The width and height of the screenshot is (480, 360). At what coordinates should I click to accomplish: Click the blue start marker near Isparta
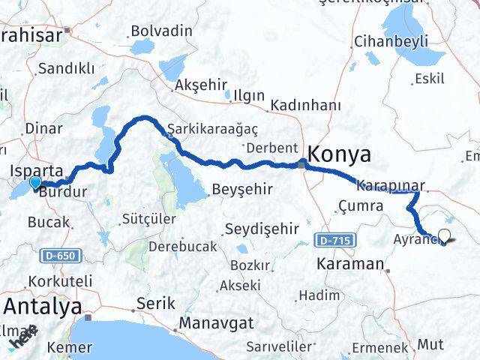pos(35,183)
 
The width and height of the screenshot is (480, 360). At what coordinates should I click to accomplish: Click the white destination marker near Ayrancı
pos(444,236)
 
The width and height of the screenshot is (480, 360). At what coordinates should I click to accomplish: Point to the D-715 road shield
pos(333,241)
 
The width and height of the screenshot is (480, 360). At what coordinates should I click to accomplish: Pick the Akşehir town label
pos(199,86)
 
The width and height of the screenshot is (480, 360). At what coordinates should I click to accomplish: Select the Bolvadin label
pos(161,31)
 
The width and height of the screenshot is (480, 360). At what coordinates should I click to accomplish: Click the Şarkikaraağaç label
pos(208,127)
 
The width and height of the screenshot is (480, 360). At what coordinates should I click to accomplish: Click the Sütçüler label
pos(148,219)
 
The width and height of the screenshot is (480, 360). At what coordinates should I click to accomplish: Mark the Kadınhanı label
pos(305,104)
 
